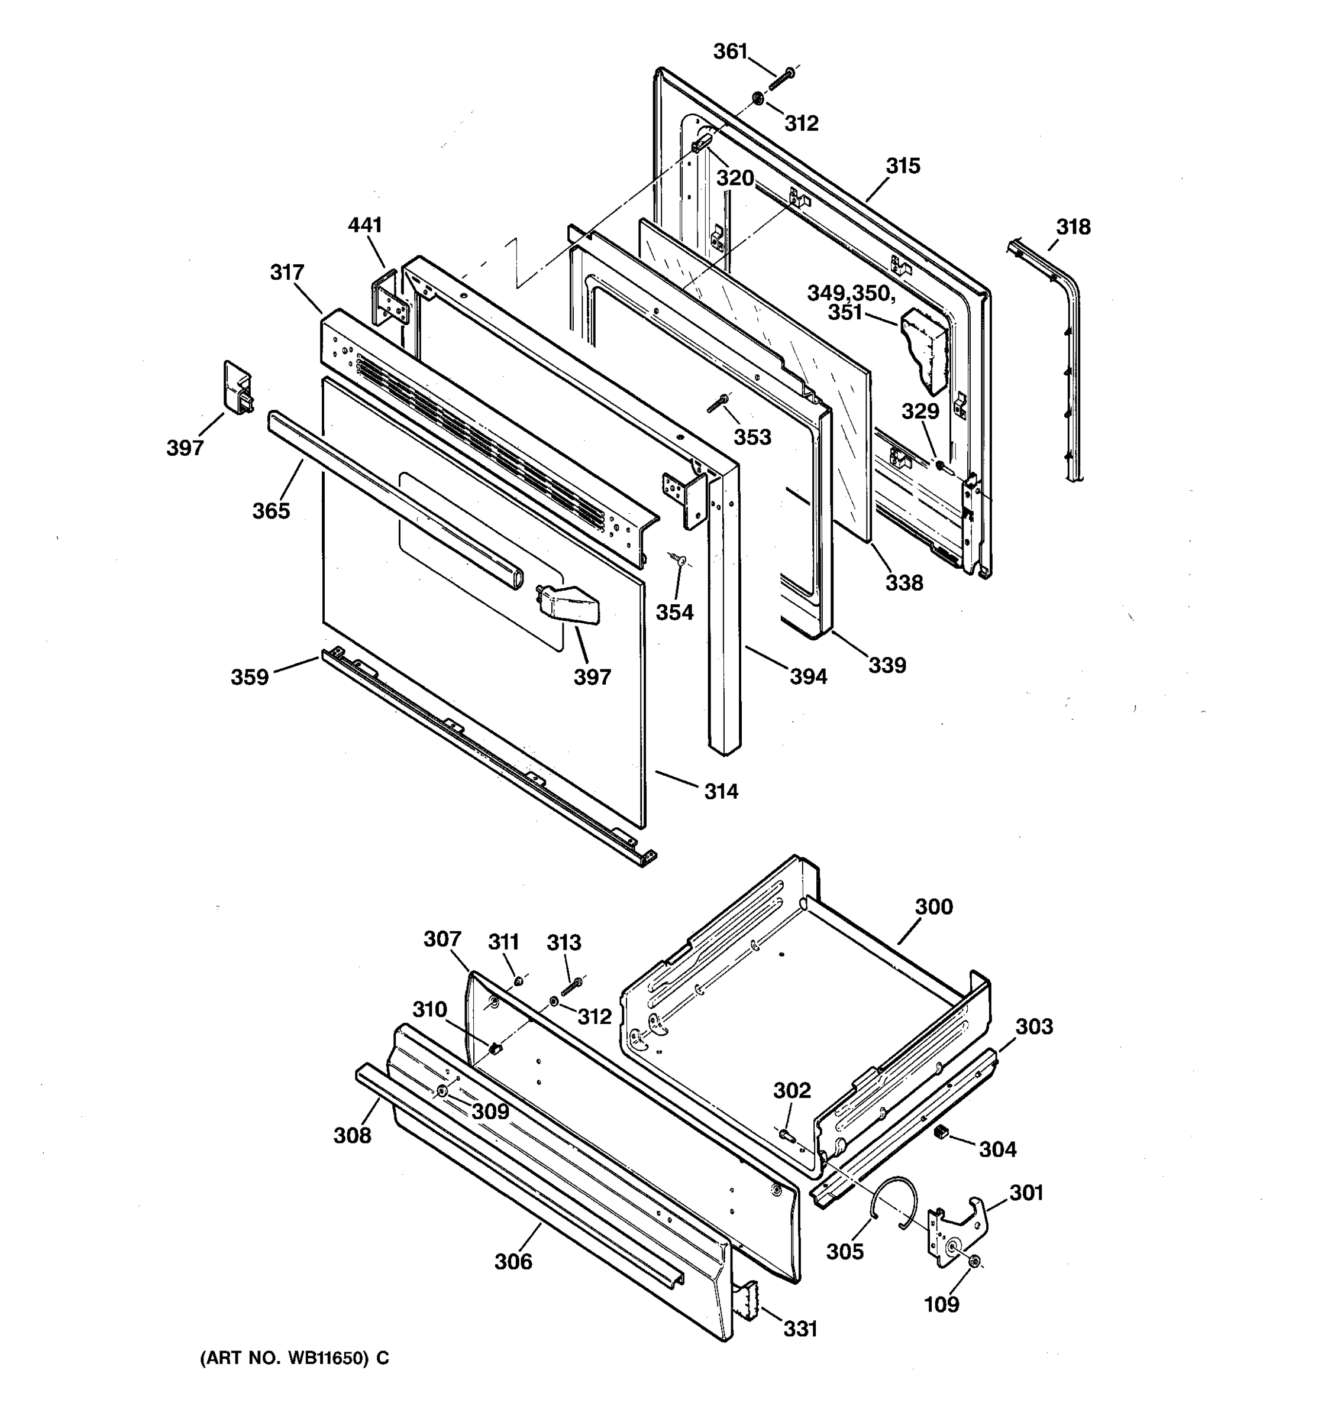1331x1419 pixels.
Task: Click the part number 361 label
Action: coord(730,51)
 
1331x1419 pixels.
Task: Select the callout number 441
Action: coord(365,225)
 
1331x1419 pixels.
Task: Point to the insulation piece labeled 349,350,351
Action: coord(925,350)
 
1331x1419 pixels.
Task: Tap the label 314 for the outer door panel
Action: coord(721,791)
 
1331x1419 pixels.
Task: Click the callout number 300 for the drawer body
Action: coord(934,906)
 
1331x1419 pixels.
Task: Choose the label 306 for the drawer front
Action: coord(513,1261)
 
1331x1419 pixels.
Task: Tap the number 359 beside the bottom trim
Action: coord(249,676)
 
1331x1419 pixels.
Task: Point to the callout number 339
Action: coord(887,665)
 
